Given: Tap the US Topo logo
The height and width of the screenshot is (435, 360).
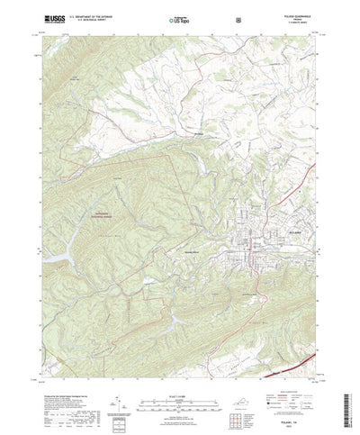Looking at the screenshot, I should point(179,18).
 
